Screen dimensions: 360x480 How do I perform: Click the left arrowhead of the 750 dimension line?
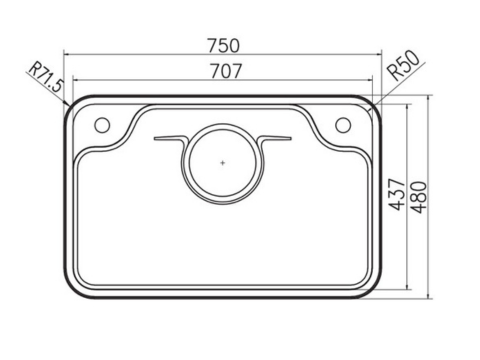(x=67, y=56)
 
